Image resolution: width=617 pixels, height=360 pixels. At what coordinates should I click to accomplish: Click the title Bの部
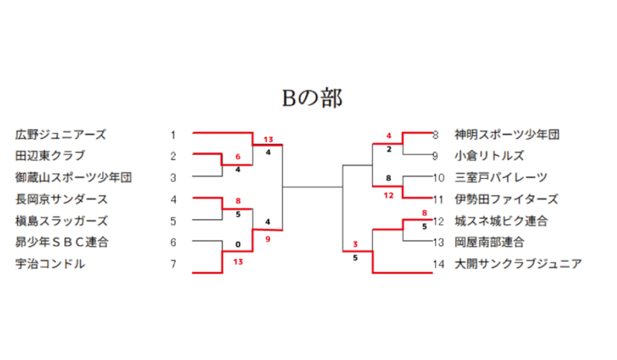click(x=312, y=98)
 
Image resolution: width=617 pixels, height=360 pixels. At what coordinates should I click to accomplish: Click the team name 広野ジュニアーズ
click(x=61, y=135)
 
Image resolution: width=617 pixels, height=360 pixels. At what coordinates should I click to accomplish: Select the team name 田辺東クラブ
click(x=50, y=156)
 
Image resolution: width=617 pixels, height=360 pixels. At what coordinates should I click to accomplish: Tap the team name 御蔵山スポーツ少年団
click(x=74, y=177)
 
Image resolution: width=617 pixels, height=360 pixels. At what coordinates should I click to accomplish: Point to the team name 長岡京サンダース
click(x=62, y=199)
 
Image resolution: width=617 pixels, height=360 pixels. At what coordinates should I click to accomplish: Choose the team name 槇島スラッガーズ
click(x=62, y=221)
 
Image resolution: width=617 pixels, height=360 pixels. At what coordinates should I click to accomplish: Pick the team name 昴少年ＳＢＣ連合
click(x=62, y=242)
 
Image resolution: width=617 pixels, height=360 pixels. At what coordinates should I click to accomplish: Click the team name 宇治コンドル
click(x=50, y=263)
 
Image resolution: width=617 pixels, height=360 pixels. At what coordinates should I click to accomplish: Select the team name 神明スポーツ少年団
click(x=507, y=135)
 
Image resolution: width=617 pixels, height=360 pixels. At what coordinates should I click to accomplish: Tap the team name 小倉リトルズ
click(x=489, y=156)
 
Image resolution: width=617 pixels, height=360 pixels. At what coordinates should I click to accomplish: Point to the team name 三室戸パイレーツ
click(x=501, y=177)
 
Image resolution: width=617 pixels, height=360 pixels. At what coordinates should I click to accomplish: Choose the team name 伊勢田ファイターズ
click(x=506, y=199)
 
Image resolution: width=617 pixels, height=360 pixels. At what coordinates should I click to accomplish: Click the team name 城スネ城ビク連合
click(x=501, y=221)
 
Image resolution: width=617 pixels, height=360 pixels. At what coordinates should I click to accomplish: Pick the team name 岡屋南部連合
click(x=489, y=242)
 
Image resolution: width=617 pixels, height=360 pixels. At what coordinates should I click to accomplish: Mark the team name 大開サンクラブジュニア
click(x=518, y=263)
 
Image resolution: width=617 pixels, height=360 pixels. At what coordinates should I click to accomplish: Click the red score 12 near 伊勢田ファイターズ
click(x=388, y=195)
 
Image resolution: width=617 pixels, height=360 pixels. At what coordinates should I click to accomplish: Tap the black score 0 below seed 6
click(x=238, y=244)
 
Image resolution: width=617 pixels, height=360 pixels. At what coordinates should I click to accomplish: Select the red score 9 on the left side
click(x=268, y=239)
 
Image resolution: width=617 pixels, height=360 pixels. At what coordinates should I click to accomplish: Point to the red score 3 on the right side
click(x=355, y=244)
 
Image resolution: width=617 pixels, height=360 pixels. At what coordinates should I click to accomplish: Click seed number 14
click(x=438, y=264)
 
